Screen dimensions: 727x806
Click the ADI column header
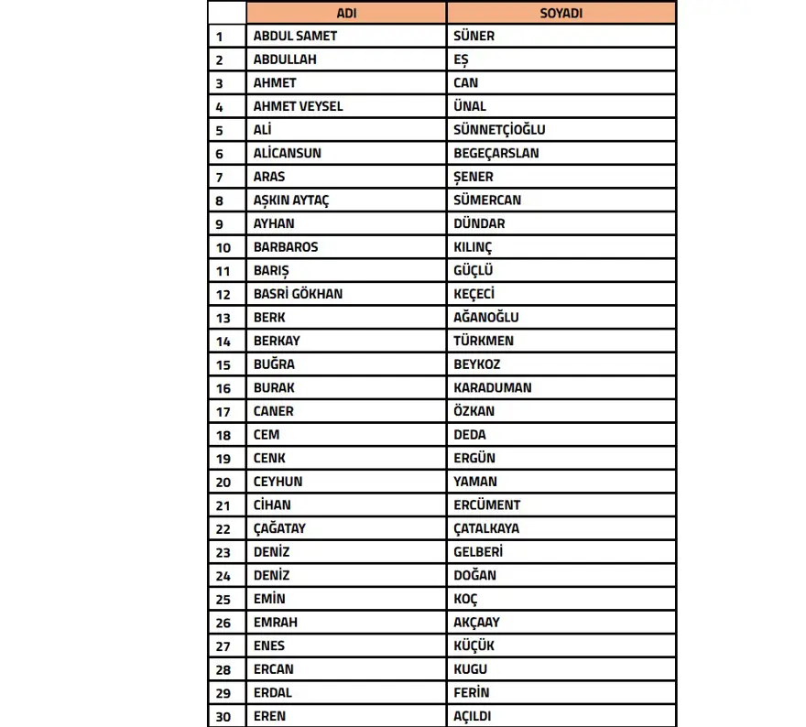(x=347, y=13)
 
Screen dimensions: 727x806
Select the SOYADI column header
(x=561, y=13)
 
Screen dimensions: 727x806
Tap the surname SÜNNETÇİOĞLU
(x=499, y=130)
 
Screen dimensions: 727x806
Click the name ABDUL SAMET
(x=295, y=36)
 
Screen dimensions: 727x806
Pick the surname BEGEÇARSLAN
(x=496, y=153)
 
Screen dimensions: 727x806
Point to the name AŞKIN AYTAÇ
(x=290, y=200)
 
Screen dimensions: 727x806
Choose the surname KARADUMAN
(x=492, y=387)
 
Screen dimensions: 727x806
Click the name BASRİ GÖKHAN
(x=298, y=294)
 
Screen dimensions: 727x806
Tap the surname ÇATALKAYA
(x=486, y=528)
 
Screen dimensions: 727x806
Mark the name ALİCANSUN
(x=287, y=153)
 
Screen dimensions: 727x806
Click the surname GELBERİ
(x=478, y=552)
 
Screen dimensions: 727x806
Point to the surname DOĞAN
(x=474, y=575)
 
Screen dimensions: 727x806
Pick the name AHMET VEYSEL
(x=298, y=106)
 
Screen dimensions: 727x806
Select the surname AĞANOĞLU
(x=485, y=317)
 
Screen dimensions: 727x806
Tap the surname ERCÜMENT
(x=486, y=505)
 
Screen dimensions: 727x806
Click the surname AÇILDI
(x=474, y=716)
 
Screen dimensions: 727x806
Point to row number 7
(x=220, y=177)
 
